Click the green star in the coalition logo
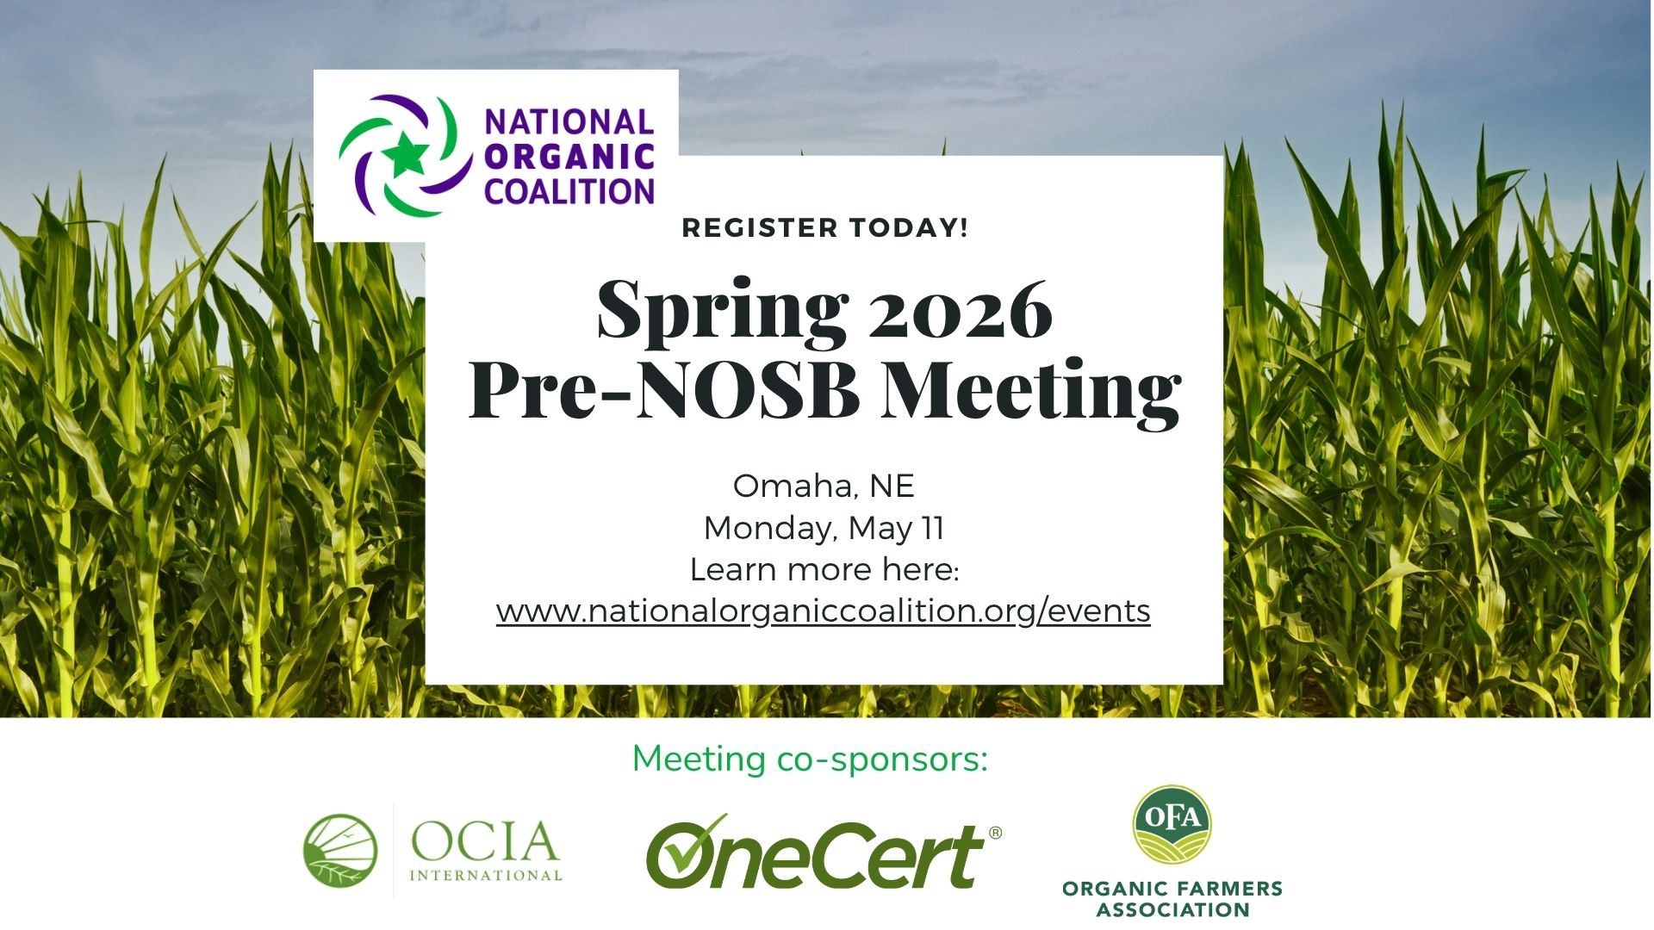[404, 155]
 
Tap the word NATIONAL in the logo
[569, 122]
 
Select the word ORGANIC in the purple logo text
[569, 157]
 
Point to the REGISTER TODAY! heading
[825, 228]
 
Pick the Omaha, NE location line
[824, 487]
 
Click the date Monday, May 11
[824, 528]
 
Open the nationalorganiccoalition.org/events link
[824, 611]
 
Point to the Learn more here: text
[824, 569]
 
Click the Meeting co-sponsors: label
[810, 759]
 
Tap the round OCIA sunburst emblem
[340, 850]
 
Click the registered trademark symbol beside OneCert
[996, 833]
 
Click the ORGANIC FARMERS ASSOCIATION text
[1172, 899]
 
